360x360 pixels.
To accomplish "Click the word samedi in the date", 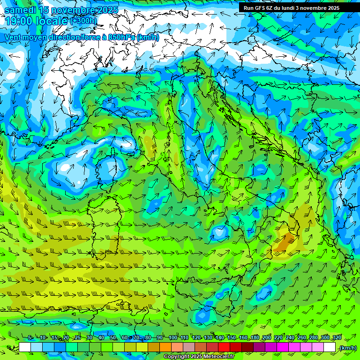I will [21, 10].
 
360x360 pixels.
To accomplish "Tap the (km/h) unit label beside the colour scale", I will [347, 348].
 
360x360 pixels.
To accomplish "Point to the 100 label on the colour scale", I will [172, 338].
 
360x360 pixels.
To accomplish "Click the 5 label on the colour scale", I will [30, 338].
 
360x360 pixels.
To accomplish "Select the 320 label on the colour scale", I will [337, 338].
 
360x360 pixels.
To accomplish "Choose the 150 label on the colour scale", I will [231, 338].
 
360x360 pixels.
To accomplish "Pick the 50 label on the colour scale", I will [113, 338].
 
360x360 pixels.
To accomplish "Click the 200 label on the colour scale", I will [266, 338].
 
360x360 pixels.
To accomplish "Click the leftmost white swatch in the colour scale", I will [25, 347].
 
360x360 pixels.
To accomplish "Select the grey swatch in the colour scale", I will [189, 347].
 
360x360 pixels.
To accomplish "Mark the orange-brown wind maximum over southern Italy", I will [284, 242].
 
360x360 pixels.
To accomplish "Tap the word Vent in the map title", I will [14, 37].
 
